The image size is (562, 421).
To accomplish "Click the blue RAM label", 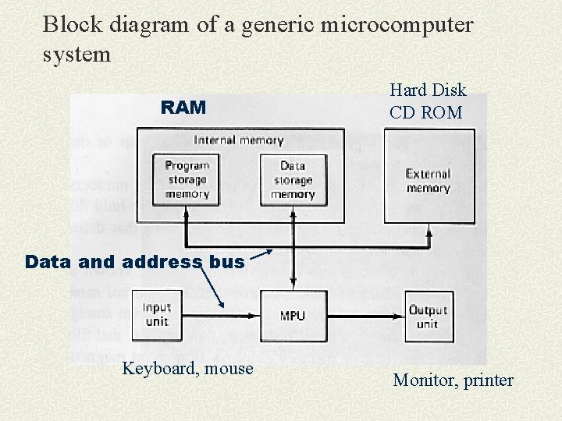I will coord(183,108).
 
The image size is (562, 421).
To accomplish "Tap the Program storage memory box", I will coord(187,179).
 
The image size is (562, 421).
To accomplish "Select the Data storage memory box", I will coord(293,179).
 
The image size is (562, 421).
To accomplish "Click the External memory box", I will coord(428,181).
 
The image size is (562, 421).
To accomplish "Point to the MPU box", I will coord(292,316).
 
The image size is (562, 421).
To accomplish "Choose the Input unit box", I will coord(157,314).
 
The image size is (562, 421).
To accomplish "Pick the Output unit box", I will coord(428,316).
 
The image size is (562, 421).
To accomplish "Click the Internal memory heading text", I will coord(239,140).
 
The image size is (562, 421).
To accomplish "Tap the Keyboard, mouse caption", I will coord(187,368).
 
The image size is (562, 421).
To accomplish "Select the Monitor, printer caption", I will coord(453,380).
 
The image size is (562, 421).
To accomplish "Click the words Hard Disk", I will coord(428,90).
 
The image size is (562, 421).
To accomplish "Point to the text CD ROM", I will coord(426,112).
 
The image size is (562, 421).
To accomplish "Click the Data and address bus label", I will coord(134,262).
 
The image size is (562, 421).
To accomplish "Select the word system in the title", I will coord(77,55).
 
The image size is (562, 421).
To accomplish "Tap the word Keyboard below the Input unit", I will coord(159,368).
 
